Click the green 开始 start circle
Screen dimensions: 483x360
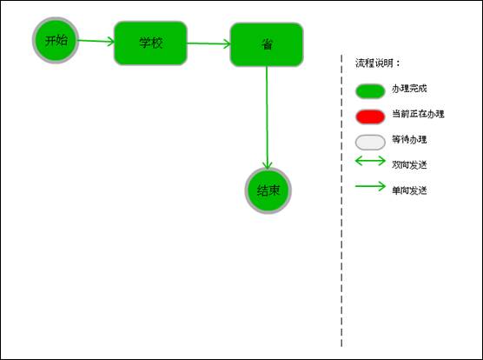tap(56, 40)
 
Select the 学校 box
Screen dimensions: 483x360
tap(150, 43)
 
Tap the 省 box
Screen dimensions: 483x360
tap(267, 44)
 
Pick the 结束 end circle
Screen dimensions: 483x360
tap(268, 190)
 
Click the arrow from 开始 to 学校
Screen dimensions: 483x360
tap(96, 41)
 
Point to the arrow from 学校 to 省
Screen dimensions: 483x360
tap(208, 43)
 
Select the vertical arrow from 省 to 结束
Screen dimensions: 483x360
tap(267, 117)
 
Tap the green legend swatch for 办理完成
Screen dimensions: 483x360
tap(370, 91)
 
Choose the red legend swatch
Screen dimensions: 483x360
tap(370, 117)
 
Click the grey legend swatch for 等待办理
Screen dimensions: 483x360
tap(370, 142)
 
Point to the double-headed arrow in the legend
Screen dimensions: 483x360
tap(370, 161)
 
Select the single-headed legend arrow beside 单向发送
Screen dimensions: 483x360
tap(370, 186)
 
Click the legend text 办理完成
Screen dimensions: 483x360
tap(409, 89)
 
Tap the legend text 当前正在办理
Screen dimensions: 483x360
tap(418, 114)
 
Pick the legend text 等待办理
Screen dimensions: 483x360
tap(409, 139)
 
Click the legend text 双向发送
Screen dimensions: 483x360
tap(409, 165)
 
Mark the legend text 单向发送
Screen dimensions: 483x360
tap(409, 190)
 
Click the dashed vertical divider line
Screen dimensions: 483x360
tap(341, 201)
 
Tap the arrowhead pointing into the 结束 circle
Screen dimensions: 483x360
tap(268, 165)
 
